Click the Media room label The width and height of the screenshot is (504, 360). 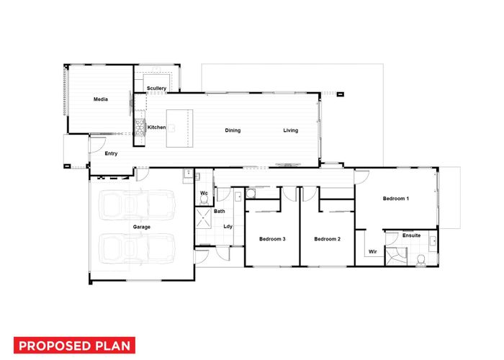[101, 99]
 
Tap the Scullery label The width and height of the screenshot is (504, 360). [156, 88]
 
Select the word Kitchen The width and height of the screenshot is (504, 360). [156, 127]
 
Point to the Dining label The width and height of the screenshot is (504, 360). [233, 130]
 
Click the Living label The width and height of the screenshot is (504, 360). [291, 130]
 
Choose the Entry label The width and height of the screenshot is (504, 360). [111, 153]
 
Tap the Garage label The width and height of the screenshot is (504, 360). [142, 227]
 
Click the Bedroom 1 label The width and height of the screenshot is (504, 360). [396, 199]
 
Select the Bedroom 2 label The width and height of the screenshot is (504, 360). [327, 239]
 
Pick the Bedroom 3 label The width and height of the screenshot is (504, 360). [272, 239]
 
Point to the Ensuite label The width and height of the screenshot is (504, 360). [411, 235]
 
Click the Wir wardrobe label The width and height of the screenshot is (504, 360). [373, 252]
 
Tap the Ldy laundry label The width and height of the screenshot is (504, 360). [228, 227]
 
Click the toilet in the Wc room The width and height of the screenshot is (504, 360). [204, 199]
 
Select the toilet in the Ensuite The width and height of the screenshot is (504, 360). [420, 260]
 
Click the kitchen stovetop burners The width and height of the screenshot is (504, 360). [140, 127]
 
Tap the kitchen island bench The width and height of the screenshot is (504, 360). [180, 129]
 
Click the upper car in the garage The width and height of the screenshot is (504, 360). [138, 205]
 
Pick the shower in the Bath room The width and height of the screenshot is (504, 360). [204, 218]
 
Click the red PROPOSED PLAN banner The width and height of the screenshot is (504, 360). [74, 346]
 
